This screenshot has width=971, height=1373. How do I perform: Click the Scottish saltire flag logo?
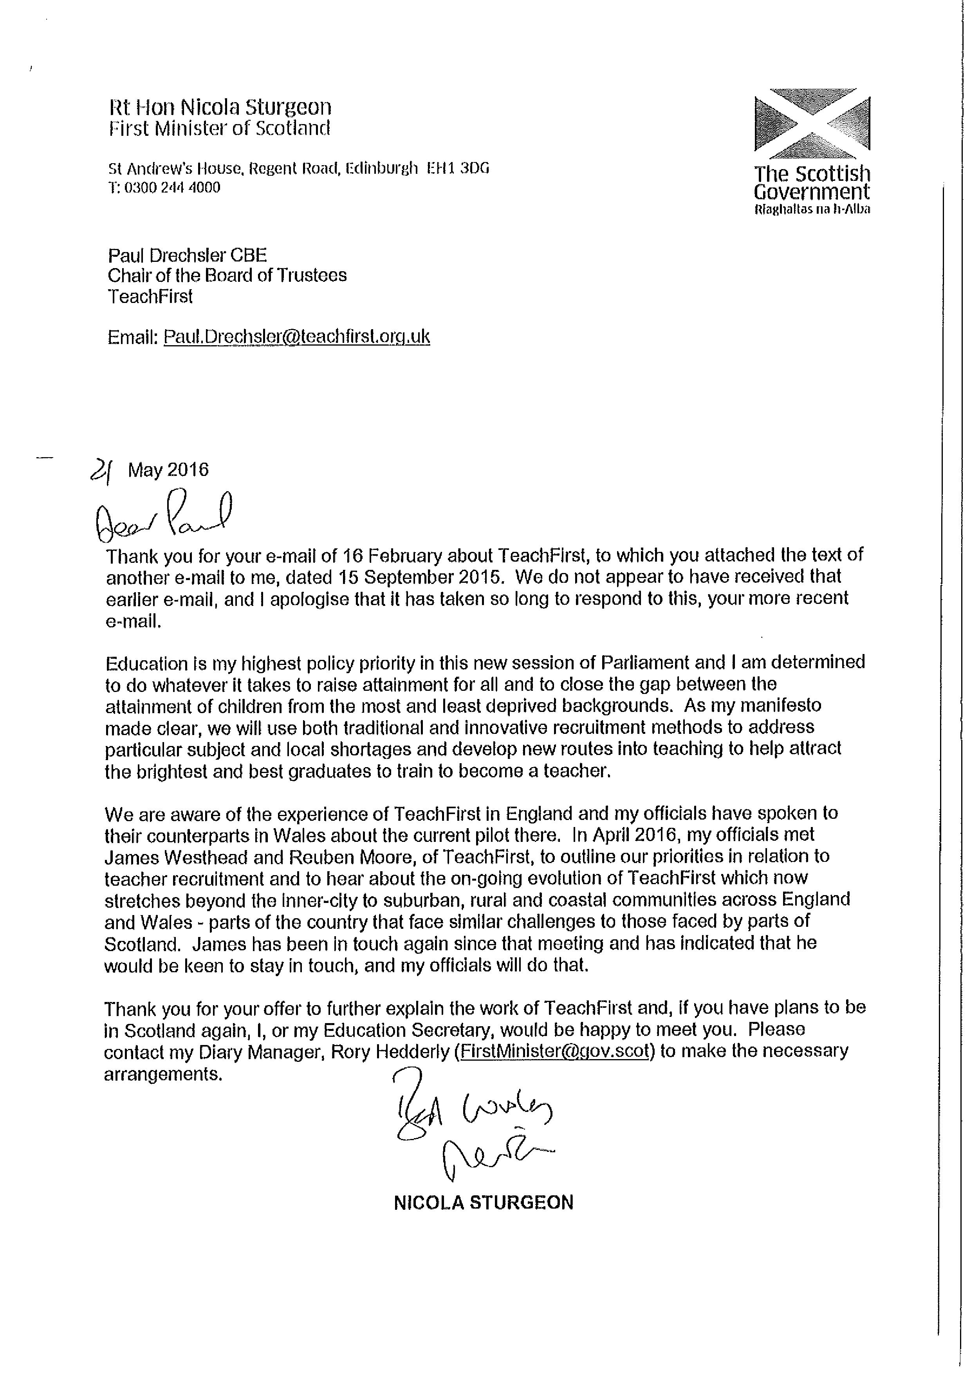(812, 120)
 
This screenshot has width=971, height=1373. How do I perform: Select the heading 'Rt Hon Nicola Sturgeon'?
(220, 107)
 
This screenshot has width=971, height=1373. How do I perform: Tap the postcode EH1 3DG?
(458, 169)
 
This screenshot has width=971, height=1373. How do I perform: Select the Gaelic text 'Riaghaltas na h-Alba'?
(812, 209)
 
